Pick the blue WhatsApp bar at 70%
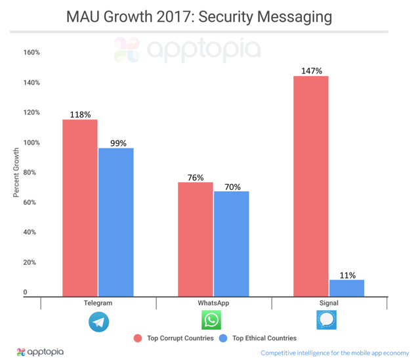[x=232, y=244]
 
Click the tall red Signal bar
[x=311, y=187]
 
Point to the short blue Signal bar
[x=346, y=288]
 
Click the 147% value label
[x=311, y=70]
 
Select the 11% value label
[x=346, y=275]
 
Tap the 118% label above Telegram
[x=80, y=114]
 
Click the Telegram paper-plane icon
[x=98, y=321]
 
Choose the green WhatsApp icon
[x=211, y=321]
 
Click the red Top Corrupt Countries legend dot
[x=138, y=338]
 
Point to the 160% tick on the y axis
[x=31, y=53]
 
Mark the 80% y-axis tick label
[x=31, y=173]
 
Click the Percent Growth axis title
[x=17, y=173]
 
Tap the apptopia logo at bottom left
[x=41, y=352]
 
